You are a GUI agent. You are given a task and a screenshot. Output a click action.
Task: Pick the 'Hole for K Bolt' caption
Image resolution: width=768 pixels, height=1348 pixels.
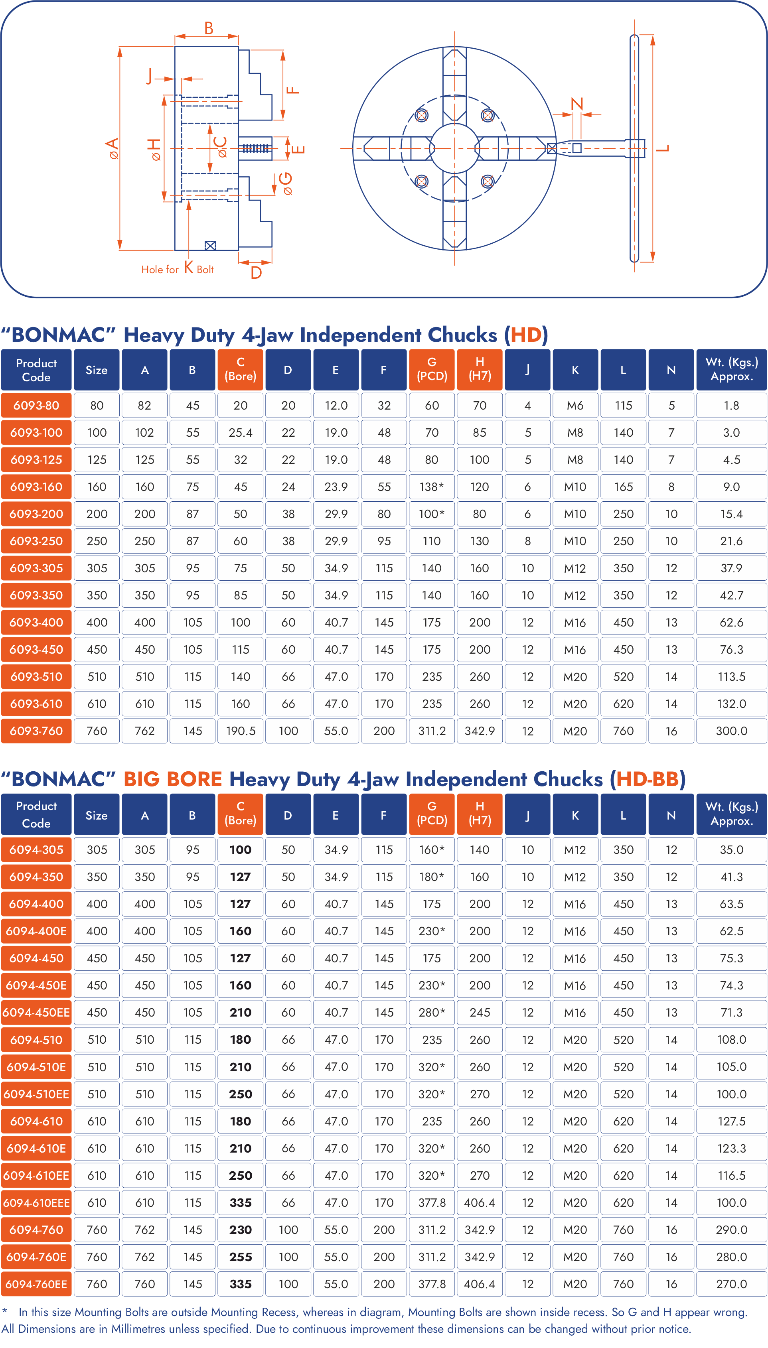pyautogui.click(x=177, y=268)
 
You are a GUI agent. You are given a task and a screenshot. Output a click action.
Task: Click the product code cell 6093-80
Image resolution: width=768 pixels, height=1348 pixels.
pyautogui.click(x=36, y=406)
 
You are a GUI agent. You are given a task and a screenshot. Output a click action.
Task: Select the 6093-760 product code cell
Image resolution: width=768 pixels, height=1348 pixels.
pyautogui.click(x=36, y=731)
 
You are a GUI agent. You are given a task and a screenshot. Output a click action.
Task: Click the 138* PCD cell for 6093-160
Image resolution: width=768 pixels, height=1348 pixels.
pyautogui.click(x=431, y=487)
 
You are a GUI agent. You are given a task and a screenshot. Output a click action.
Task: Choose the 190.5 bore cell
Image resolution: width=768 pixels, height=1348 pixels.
pyautogui.click(x=241, y=731)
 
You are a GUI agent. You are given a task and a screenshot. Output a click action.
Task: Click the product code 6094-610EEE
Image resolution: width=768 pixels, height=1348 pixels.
pyautogui.click(x=36, y=1202)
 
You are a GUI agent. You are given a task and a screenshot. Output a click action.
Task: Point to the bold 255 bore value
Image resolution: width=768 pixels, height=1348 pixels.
pyautogui.click(x=241, y=1257)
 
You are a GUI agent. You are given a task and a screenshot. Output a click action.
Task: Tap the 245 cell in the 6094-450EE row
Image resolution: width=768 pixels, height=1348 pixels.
pyautogui.click(x=480, y=1012)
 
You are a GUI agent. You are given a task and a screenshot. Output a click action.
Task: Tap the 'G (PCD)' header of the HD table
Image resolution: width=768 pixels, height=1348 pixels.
pyautogui.click(x=431, y=369)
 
